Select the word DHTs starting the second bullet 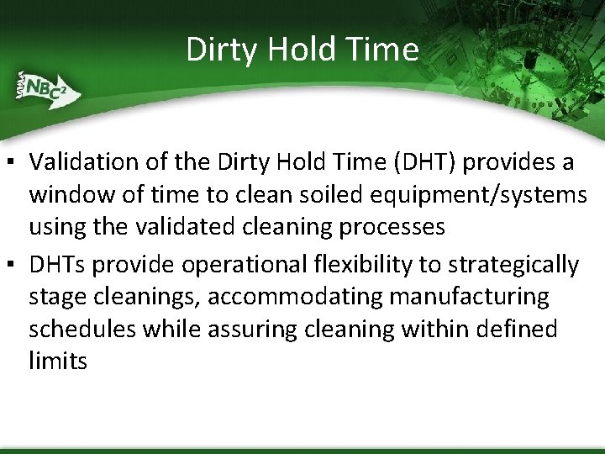pyautogui.click(x=57, y=265)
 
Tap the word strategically pyautogui.click(x=513, y=266)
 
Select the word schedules pyautogui.click(x=82, y=329)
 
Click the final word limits pyautogui.click(x=58, y=361)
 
